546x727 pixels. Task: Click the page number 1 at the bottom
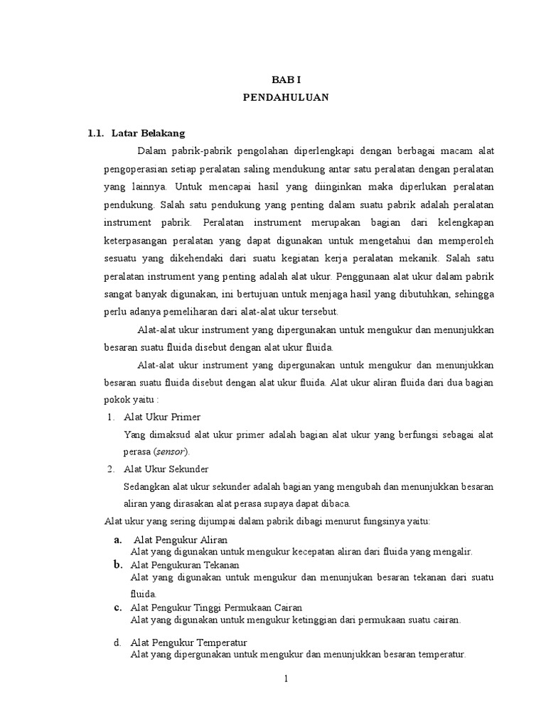[286, 679]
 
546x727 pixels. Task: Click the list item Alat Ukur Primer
[162, 417]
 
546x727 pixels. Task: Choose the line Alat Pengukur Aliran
[181, 540]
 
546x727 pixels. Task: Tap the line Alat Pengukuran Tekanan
[185, 564]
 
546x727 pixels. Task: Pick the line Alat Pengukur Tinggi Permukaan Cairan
[216, 608]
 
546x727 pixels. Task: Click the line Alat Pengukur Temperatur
[188, 643]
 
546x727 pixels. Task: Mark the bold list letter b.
[117, 564]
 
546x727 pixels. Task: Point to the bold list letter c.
[117, 608]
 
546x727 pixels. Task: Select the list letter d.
[117, 643]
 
